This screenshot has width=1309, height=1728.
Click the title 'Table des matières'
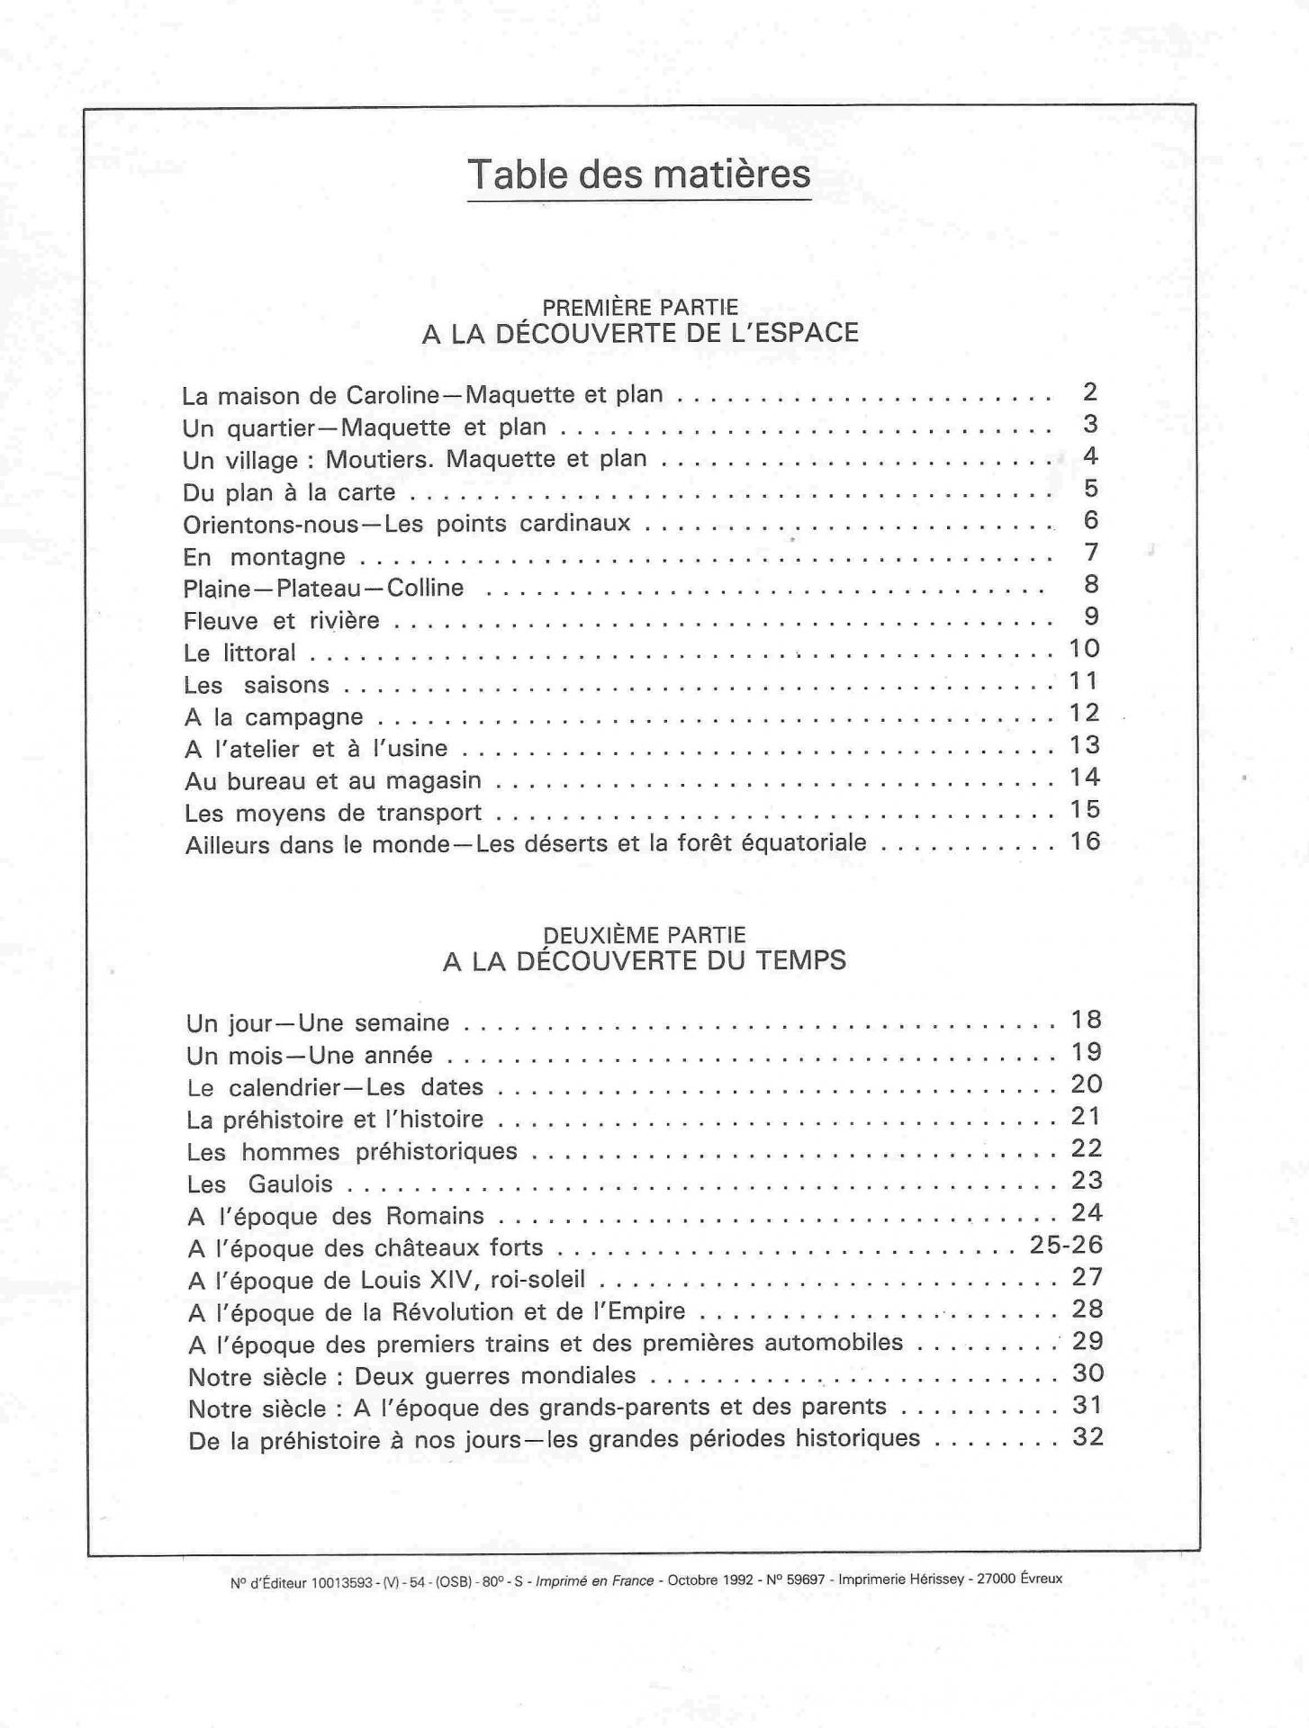click(x=639, y=175)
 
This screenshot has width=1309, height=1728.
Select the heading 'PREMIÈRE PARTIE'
click(x=641, y=308)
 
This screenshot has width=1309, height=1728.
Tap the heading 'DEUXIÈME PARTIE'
click(x=645, y=936)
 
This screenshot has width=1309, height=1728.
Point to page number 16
click(x=1086, y=841)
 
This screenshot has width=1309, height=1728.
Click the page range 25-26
click(x=1067, y=1246)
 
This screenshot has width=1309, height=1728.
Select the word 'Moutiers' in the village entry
click(x=382, y=459)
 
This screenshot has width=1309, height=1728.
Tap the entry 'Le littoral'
click(x=239, y=652)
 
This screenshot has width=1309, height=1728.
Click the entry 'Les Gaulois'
click(x=260, y=1184)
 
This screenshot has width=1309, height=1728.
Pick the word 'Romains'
click(x=435, y=1217)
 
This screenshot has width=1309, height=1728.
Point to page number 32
click(x=1088, y=1437)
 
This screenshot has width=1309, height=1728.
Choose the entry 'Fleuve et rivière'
click(x=281, y=621)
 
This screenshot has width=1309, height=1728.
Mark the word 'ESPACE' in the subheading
click(x=808, y=333)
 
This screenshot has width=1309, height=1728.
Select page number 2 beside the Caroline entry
click(x=1090, y=392)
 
